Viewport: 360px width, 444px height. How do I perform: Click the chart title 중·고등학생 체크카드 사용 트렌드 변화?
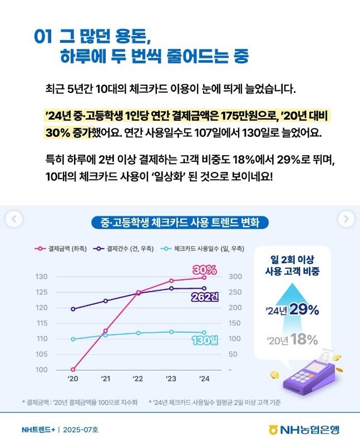click(180, 223)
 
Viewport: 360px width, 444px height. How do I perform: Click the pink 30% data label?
click(205, 270)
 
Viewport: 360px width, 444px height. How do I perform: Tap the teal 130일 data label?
click(204, 341)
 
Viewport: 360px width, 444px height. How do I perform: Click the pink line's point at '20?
click(73, 369)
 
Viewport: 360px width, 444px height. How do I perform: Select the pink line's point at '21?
click(106, 331)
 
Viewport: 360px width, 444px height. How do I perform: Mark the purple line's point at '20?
click(73, 309)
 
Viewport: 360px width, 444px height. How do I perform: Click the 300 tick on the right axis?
click(235, 277)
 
